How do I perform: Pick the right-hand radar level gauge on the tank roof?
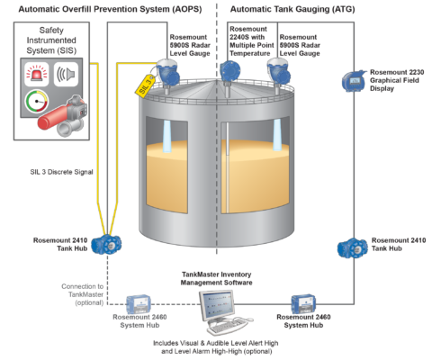point(272,68)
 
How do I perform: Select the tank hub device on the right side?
point(347,248)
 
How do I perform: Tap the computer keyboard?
point(224,325)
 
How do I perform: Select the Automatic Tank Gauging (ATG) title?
point(292,8)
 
